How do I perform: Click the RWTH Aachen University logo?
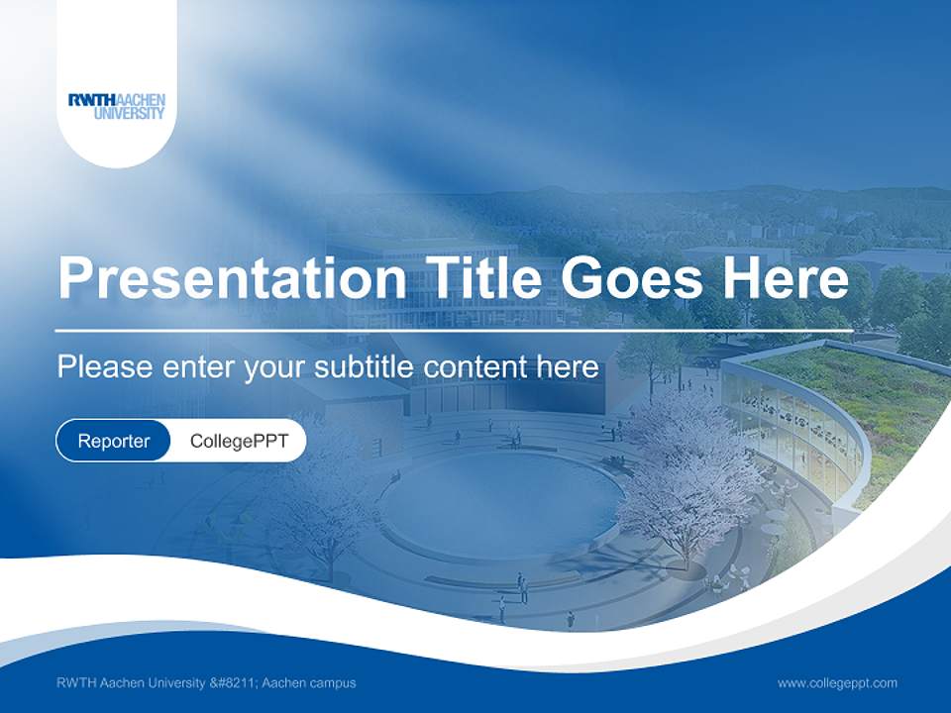tap(117, 105)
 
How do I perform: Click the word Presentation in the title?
tap(232, 278)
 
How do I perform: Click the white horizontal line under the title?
tap(454, 330)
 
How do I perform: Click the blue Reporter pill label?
tap(114, 441)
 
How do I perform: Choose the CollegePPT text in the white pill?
tap(239, 441)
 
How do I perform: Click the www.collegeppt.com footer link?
tap(837, 682)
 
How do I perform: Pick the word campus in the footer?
tap(331, 682)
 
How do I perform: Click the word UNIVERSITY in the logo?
tap(130, 113)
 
